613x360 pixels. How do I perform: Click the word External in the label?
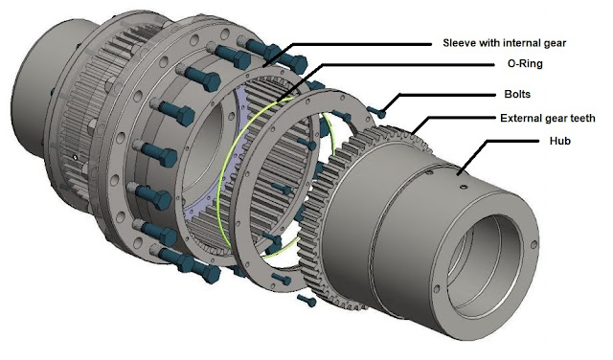(x=523, y=119)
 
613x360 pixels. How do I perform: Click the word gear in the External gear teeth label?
(x=556, y=119)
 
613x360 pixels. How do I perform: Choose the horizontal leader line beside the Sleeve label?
(x=364, y=42)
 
